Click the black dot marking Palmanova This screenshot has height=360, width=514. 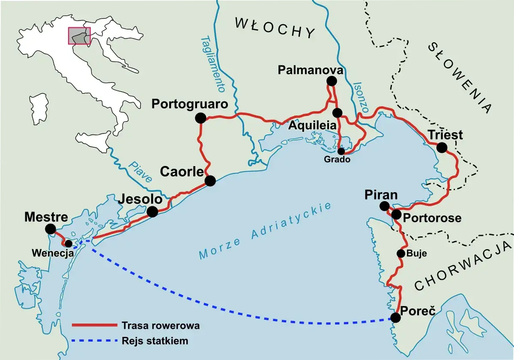331,81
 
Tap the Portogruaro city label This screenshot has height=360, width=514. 190,104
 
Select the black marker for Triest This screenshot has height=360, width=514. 442,148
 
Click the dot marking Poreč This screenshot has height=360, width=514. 396,318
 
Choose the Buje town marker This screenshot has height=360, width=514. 401,253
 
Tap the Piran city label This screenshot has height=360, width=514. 381,195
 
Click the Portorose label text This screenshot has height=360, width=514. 433,218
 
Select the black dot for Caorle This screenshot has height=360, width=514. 210,181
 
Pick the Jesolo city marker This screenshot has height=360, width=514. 152,211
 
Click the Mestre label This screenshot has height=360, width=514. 46,217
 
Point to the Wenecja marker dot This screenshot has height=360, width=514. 68,243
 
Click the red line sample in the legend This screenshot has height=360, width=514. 94,326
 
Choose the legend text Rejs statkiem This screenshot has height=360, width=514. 155,341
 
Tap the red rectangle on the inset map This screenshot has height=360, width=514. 79,36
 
